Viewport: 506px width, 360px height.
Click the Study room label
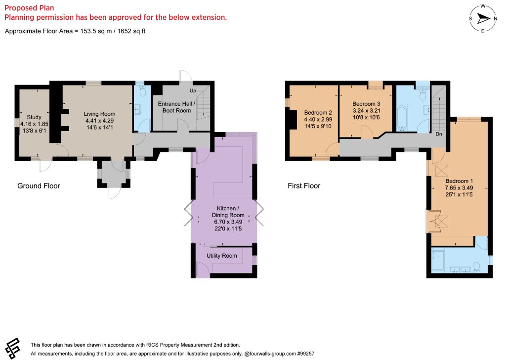coord(34,117)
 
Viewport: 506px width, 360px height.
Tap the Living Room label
coord(99,114)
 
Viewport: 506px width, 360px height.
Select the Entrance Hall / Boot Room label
coord(176,107)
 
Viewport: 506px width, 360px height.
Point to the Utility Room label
coord(222,256)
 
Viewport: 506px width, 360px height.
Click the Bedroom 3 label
coord(366,104)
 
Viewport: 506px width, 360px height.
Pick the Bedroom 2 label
coord(318,113)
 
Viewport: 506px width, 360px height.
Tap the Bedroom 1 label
coord(459,181)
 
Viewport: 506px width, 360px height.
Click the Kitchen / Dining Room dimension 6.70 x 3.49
coord(228,222)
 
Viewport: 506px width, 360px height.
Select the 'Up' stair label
coord(193,90)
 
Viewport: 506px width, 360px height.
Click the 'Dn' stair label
coord(439,134)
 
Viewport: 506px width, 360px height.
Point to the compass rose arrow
coord(483,18)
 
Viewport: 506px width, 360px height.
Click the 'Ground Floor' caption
coord(39,186)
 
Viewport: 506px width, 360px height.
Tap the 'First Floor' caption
coord(304,186)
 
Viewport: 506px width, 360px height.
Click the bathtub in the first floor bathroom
coord(402,118)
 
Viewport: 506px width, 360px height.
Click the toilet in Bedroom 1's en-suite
coord(477,268)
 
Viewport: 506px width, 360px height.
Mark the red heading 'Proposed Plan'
coord(29,8)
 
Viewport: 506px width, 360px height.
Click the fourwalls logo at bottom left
coord(13,348)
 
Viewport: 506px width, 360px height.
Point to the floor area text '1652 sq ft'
coord(131,31)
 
